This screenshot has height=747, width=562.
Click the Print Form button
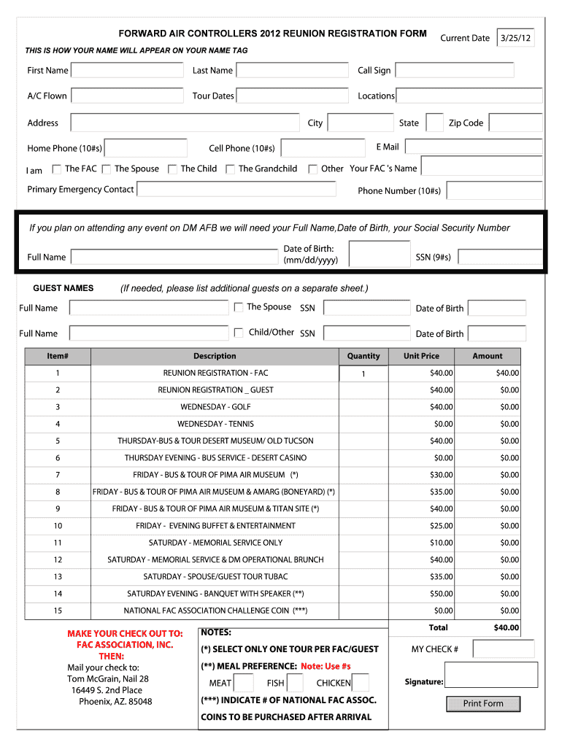[x=483, y=704]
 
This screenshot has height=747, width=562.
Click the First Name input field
[x=127, y=71]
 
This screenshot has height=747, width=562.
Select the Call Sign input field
[x=454, y=71]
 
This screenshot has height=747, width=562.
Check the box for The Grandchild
[x=230, y=169]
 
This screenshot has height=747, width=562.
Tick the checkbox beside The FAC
[x=57, y=169]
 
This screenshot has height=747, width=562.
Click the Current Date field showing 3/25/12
[x=515, y=38]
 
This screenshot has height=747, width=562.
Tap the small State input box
[x=434, y=123]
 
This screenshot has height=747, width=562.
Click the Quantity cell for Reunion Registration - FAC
[x=363, y=373]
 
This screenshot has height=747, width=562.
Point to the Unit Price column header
[x=421, y=356]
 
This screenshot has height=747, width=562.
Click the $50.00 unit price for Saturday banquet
[x=441, y=594]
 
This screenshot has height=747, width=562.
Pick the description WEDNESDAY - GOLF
[x=215, y=407]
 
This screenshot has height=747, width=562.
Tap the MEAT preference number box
[x=244, y=684]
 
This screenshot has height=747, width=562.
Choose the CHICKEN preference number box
[x=360, y=684]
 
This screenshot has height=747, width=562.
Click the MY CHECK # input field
[x=503, y=649]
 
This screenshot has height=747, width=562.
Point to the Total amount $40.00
[x=506, y=627]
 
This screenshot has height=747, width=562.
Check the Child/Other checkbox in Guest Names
[x=239, y=333]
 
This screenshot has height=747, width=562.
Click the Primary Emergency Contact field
[x=236, y=190]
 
